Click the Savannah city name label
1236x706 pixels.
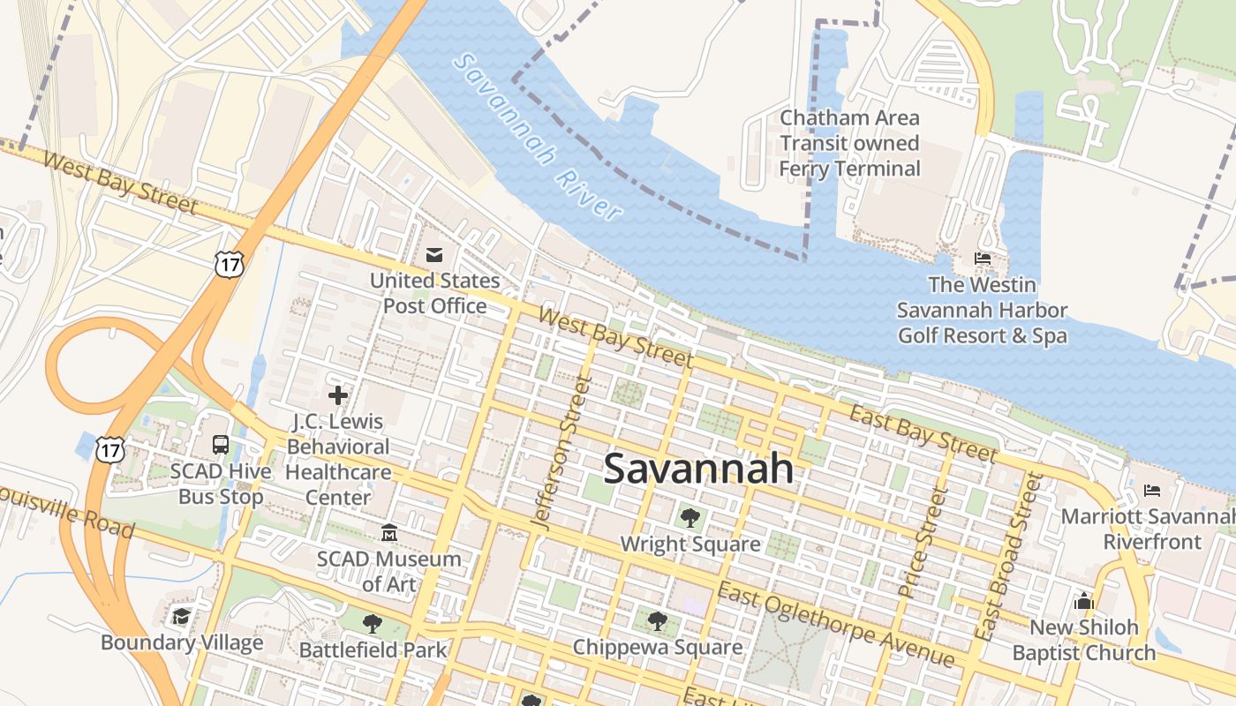(x=698, y=469)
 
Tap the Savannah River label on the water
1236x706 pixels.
(x=537, y=137)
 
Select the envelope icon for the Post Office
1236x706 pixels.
(x=433, y=255)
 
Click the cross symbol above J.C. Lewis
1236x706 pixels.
(x=337, y=395)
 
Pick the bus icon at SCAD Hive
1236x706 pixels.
(x=221, y=445)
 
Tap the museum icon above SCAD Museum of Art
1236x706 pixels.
(x=389, y=533)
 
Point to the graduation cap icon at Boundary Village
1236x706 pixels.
(x=182, y=616)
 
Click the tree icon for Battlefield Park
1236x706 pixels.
(x=373, y=624)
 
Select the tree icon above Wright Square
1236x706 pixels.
(x=690, y=518)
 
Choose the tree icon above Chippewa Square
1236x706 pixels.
(x=657, y=621)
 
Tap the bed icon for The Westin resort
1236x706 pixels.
(x=982, y=259)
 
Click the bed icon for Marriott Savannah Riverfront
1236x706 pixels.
(x=1152, y=491)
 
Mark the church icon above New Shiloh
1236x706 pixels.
(x=1083, y=602)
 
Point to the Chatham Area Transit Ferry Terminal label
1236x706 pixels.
(x=849, y=143)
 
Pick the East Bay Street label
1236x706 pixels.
(x=923, y=433)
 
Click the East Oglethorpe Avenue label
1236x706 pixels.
(x=835, y=624)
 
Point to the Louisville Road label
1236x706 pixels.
(x=68, y=511)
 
